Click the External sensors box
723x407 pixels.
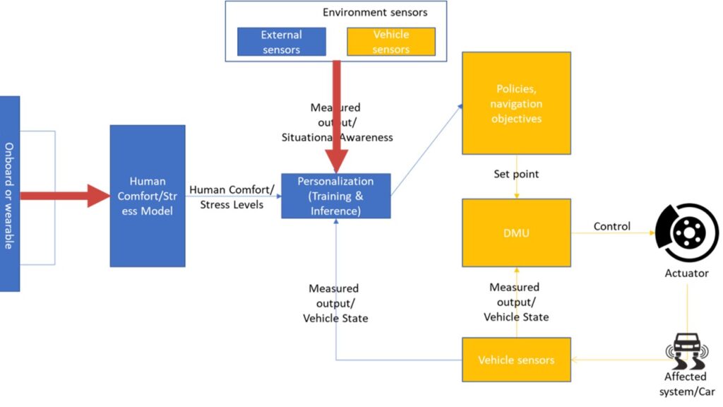click(x=281, y=42)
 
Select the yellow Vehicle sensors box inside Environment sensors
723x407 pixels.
click(x=391, y=42)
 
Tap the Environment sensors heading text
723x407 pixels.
click(x=375, y=12)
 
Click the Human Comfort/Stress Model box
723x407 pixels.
click(x=148, y=196)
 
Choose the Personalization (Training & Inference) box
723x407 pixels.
click(x=335, y=196)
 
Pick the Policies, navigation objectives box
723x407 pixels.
click(x=516, y=103)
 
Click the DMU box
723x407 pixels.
click(x=516, y=232)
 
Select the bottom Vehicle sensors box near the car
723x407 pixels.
click(x=516, y=360)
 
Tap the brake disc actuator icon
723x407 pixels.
click(x=686, y=232)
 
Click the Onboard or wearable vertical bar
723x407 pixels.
click(x=9, y=194)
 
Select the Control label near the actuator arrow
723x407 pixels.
click(x=612, y=227)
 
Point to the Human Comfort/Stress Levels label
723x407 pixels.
click(x=233, y=197)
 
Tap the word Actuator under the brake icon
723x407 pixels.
click(x=686, y=273)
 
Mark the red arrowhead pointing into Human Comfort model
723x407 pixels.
click(x=99, y=196)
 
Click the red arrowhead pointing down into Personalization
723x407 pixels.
click(x=336, y=160)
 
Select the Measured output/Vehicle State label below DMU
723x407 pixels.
click(x=516, y=302)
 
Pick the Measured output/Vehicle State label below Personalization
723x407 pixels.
click(x=335, y=303)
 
